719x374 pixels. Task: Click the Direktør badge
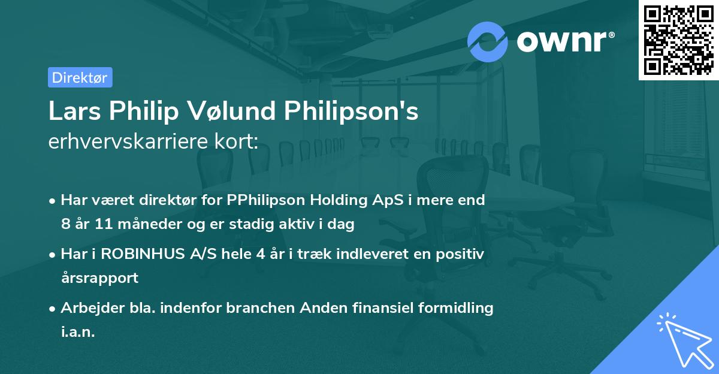(x=80, y=77)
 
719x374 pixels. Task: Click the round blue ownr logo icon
(x=488, y=41)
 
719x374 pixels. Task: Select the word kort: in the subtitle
(x=237, y=141)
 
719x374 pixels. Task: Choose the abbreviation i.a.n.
(x=78, y=332)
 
